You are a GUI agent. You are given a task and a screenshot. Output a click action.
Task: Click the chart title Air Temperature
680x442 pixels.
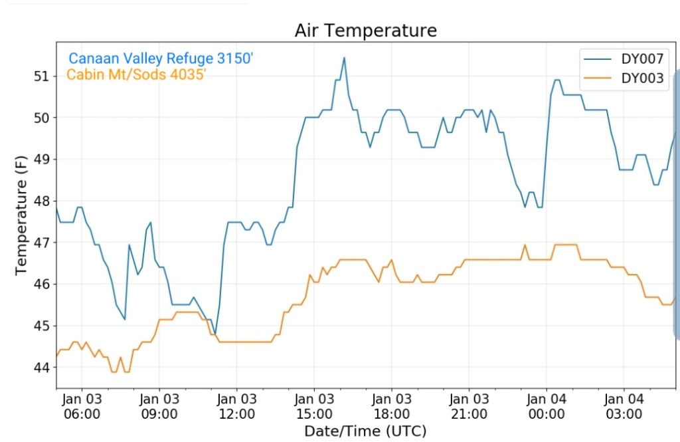tap(366, 31)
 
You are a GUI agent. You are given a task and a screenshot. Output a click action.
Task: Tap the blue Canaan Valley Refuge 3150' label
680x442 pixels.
tap(161, 58)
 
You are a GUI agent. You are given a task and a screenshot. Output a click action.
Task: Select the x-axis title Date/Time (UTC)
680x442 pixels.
tap(365, 430)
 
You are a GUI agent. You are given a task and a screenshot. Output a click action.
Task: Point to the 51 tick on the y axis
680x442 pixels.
tap(42, 76)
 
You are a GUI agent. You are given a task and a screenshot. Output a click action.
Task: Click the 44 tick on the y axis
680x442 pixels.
tap(42, 367)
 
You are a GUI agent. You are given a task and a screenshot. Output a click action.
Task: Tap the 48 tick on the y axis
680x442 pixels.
tap(42, 201)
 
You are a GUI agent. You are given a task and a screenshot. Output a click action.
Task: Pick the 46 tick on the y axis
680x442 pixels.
tap(42, 284)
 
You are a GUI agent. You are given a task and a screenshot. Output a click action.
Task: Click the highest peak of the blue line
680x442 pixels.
tap(344, 57)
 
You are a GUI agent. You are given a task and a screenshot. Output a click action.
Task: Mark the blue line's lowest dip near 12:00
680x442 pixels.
tap(215, 334)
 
